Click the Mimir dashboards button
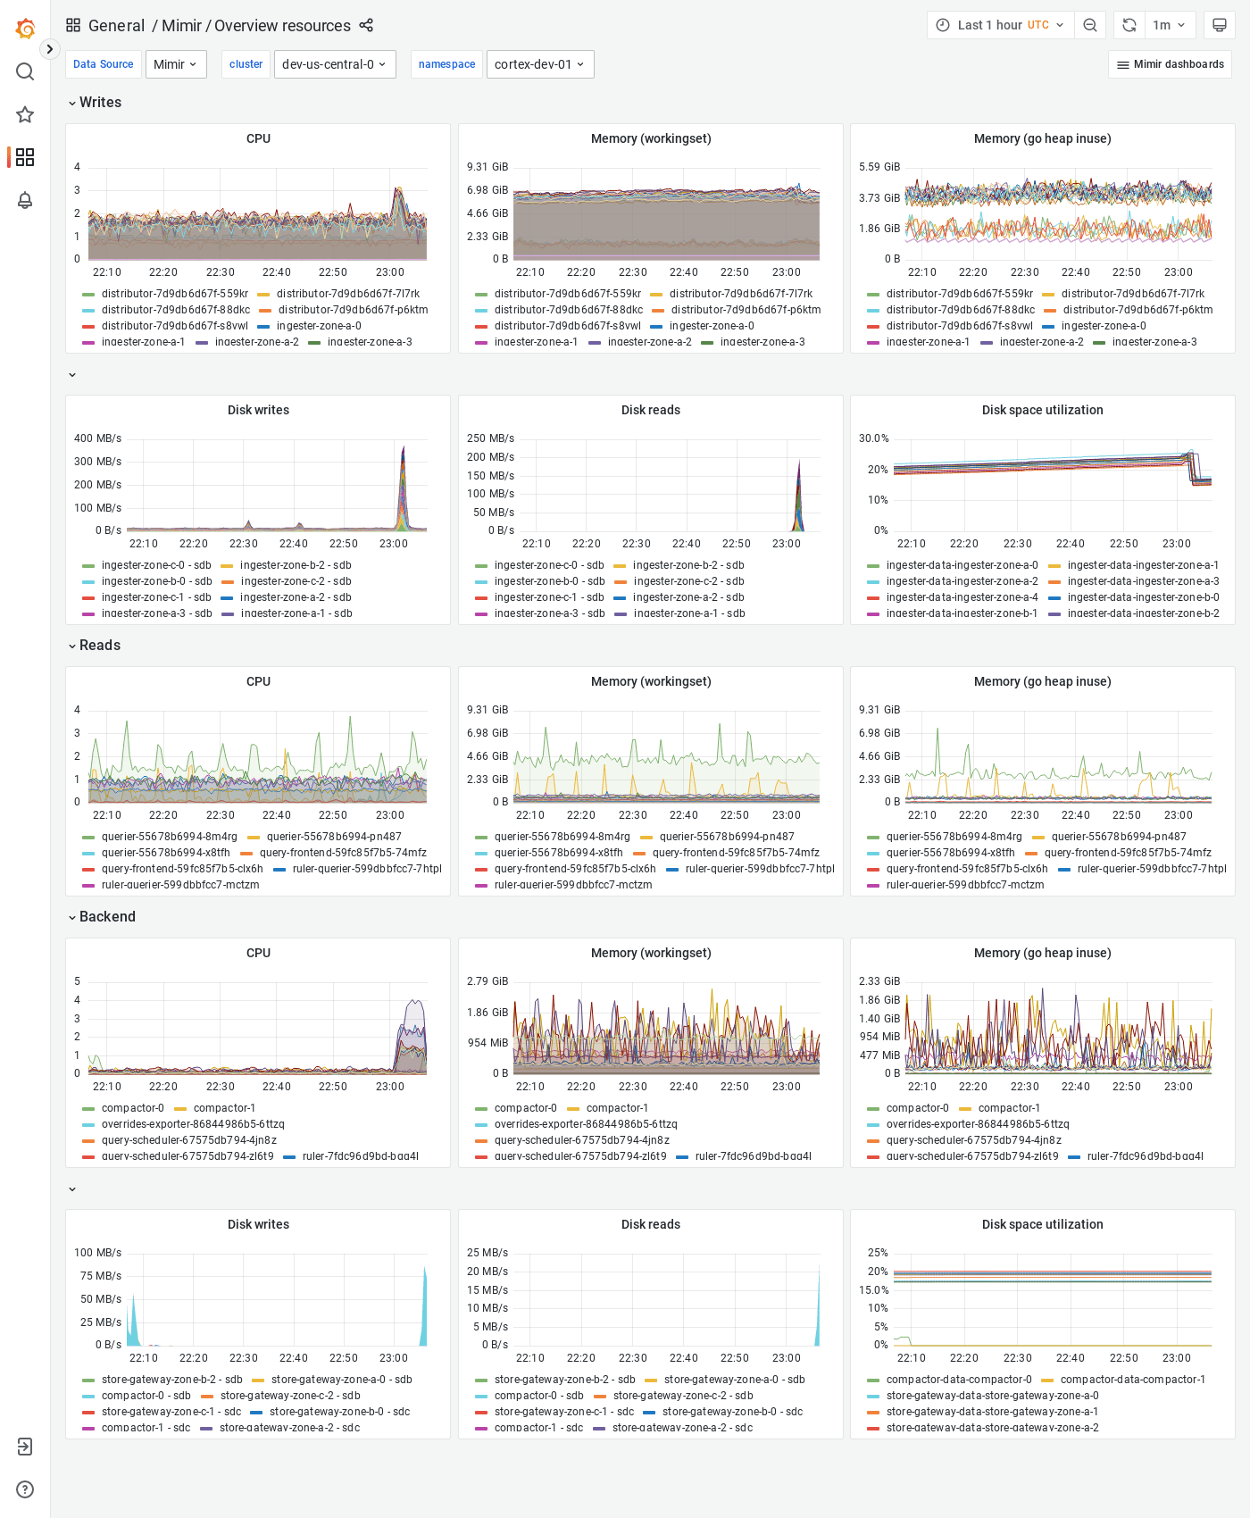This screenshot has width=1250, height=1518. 1170,64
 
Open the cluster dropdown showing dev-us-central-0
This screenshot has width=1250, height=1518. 334,64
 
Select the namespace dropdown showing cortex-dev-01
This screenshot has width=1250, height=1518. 539,64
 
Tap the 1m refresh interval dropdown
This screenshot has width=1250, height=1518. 1168,25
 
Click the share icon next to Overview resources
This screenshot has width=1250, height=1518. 366,25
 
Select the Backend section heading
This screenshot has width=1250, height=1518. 107,917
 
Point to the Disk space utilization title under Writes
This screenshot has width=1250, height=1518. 1042,410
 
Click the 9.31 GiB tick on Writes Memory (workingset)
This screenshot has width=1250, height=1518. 487,167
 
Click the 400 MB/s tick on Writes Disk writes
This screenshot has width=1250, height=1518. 97,438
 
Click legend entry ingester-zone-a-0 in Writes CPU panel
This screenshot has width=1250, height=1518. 318,326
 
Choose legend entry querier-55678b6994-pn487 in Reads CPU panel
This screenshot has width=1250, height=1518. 333,837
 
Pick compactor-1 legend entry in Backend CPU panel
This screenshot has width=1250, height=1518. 223,1108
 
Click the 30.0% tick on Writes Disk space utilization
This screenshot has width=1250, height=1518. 873,438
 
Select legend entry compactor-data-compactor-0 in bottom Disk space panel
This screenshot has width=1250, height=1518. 958,1380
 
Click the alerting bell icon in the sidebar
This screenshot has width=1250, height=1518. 25,200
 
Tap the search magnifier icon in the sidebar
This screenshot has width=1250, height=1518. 25,71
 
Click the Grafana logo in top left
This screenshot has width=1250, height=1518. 25,29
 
